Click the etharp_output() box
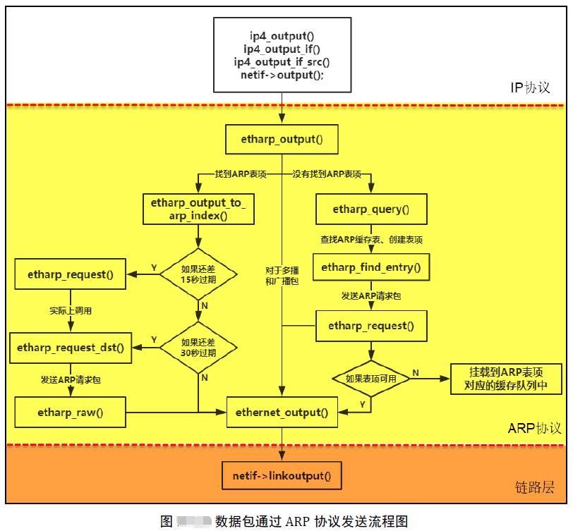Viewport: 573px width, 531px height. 282,139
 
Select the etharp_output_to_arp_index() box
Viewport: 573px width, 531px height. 198,209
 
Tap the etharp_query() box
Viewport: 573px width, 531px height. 371,209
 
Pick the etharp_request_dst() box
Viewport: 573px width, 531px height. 70,348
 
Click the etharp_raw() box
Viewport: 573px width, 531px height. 70,413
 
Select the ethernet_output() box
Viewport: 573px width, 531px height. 282,413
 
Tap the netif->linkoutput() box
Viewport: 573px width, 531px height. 282,476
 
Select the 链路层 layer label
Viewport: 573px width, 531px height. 535,487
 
